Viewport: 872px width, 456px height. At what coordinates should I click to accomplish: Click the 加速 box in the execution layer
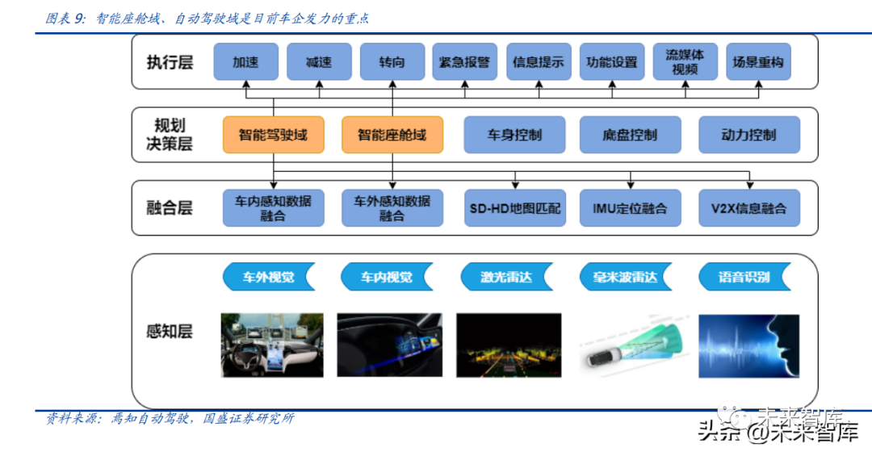coord(245,61)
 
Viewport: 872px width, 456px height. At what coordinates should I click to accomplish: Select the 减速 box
coord(319,61)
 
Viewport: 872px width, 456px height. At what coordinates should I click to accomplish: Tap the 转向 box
coord(392,61)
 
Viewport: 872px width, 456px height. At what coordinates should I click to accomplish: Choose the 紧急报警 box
coord(465,61)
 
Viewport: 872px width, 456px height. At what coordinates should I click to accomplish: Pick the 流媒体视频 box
coord(685,61)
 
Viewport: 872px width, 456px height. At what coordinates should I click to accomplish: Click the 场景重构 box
coord(758,61)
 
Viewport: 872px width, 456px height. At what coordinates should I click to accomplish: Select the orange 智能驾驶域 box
coord(273,135)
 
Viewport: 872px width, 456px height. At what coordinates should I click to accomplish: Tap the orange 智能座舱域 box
coord(392,135)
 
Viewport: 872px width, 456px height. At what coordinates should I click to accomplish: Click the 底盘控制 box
coord(630,135)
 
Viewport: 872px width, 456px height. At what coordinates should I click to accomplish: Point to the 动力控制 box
coord(748,135)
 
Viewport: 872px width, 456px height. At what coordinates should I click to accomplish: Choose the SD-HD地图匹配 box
coord(515,208)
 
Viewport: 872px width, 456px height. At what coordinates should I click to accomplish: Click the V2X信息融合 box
coord(748,208)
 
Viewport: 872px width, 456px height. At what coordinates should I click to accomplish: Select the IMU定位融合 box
coord(630,208)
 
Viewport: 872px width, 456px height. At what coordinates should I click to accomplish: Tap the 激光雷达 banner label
coord(506,278)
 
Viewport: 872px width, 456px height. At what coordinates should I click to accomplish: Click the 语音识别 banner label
coord(744,278)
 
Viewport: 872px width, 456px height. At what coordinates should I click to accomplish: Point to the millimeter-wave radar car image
coord(630,346)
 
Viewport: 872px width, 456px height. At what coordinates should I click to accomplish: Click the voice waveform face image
coord(748,346)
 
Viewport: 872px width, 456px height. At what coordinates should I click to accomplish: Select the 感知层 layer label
coord(170,332)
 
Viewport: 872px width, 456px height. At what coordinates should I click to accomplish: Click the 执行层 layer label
coord(170,62)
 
